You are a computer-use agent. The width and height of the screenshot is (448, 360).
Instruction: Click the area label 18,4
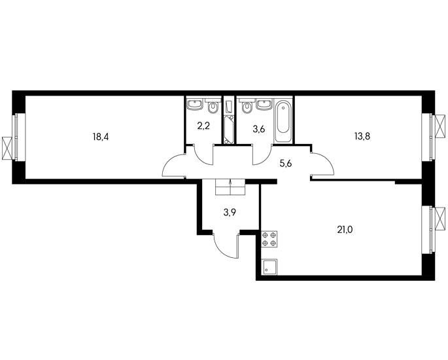[101, 137]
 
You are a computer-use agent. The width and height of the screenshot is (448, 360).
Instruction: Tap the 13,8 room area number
[362, 136]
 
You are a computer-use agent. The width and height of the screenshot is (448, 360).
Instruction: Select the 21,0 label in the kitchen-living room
[345, 229]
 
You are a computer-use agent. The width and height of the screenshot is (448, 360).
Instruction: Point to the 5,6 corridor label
[285, 164]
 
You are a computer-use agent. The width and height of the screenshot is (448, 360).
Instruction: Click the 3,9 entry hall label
[230, 213]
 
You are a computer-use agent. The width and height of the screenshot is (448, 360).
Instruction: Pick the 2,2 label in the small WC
[203, 126]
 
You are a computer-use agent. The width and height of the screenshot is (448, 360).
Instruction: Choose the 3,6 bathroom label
[259, 129]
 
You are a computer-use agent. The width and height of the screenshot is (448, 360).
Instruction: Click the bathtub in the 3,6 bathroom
[283, 120]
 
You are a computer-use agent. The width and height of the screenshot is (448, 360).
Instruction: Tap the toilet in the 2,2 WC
[213, 106]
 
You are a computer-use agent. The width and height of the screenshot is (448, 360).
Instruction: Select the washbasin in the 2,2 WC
[195, 104]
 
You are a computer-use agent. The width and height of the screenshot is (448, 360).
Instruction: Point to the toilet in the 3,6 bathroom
[247, 106]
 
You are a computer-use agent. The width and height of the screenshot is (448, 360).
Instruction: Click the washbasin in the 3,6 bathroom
[265, 104]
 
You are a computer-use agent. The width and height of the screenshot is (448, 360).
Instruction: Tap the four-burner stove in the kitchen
[269, 239]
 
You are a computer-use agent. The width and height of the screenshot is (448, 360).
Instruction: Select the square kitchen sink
[269, 267]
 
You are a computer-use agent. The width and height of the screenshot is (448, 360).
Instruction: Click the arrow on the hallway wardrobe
[230, 183]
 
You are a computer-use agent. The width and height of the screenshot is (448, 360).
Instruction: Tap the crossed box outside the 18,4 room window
[7, 148]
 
